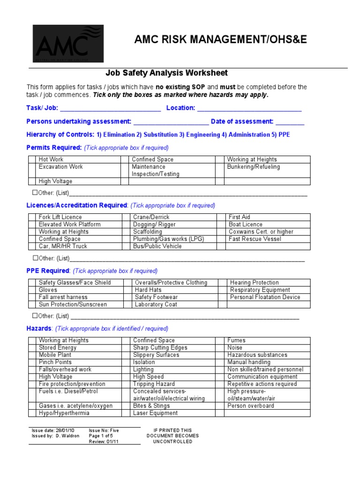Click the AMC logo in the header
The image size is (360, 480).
[x=68, y=44]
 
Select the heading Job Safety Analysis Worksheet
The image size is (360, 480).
[x=166, y=73]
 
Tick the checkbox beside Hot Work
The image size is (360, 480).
[x=31, y=159]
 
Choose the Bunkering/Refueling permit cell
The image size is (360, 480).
[x=253, y=167]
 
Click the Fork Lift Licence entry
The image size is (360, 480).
[x=60, y=217]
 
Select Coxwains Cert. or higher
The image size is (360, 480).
[x=261, y=232]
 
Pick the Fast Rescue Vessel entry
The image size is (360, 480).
[x=255, y=239]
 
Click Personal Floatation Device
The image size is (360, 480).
[x=265, y=297]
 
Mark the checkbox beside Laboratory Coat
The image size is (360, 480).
[x=127, y=304]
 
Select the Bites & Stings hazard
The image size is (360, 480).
[x=151, y=406]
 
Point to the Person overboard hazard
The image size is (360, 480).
[x=251, y=406]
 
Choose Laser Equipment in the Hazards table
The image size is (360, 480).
[x=155, y=413]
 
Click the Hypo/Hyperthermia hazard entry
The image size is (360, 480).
[x=64, y=413]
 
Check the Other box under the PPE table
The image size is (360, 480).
[x=35, y=315]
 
